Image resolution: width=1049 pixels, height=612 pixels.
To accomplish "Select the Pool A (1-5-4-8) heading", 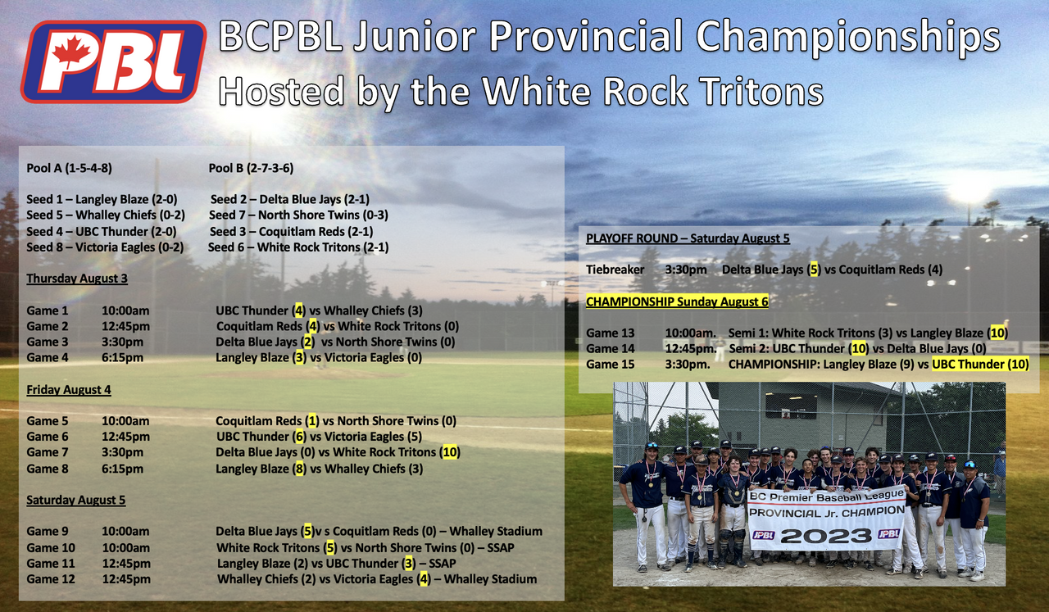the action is (70, 168).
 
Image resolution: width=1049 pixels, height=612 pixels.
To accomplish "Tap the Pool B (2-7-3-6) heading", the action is (251, 168).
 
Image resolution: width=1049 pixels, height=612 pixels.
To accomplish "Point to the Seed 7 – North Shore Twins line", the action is (298, 215).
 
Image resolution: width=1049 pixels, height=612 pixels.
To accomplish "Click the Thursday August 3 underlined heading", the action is (77, 279).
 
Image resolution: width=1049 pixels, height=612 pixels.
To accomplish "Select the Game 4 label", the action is (48, 358).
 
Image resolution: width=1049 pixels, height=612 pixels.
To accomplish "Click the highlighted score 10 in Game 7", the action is (450, 452).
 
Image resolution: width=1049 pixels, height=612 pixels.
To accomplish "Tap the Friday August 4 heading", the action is (68, 390).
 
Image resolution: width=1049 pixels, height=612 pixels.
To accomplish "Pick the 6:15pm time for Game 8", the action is (123, 469).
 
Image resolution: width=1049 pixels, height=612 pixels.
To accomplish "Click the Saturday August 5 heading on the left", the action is (76, 500).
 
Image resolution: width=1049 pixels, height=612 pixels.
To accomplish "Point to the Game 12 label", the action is (51, 579).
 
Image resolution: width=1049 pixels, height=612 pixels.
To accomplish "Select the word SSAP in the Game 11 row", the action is (442, 564).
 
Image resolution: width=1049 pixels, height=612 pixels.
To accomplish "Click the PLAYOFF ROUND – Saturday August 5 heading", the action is (688, 238).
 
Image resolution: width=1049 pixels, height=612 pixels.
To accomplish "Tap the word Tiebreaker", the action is (615, 270).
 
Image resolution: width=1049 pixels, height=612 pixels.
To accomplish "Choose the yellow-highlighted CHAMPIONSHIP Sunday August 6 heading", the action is (677, 301).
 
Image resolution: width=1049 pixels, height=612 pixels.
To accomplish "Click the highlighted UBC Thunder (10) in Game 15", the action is (981, 365).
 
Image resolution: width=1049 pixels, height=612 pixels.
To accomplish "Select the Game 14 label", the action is (611, 349).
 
